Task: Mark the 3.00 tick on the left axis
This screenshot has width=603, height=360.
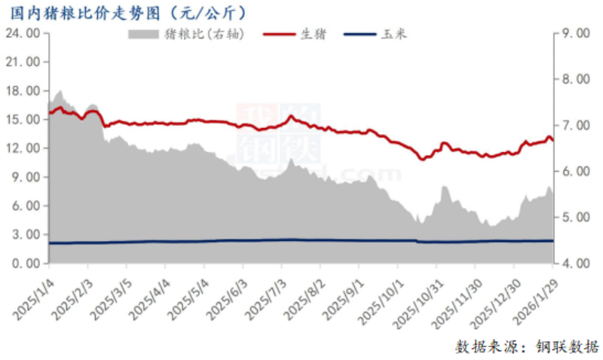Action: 23,235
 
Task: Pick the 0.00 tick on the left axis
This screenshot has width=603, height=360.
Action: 23,264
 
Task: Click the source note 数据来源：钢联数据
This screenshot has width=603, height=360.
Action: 527,346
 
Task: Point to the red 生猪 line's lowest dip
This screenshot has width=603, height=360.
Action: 422,159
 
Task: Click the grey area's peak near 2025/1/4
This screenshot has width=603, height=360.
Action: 60,91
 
